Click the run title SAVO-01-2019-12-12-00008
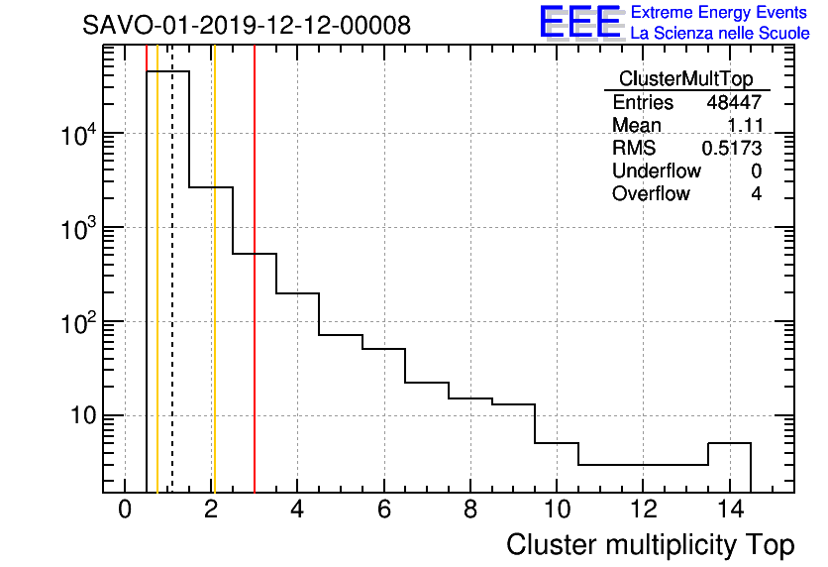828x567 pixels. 246,25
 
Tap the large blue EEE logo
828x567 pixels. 580,23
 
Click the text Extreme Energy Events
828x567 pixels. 720,13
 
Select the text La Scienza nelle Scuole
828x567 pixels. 720,34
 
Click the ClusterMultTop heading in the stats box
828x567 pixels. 685,79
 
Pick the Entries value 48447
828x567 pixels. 734,102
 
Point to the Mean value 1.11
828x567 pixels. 744,125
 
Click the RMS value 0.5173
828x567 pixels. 731,148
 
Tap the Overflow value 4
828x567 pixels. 756,193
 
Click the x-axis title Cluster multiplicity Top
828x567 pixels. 650,545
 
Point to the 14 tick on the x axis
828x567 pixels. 729,510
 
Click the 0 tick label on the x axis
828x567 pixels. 125,510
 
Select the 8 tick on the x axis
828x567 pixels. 469,510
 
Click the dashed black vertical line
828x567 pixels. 172,297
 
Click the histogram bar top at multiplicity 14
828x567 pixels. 729,443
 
